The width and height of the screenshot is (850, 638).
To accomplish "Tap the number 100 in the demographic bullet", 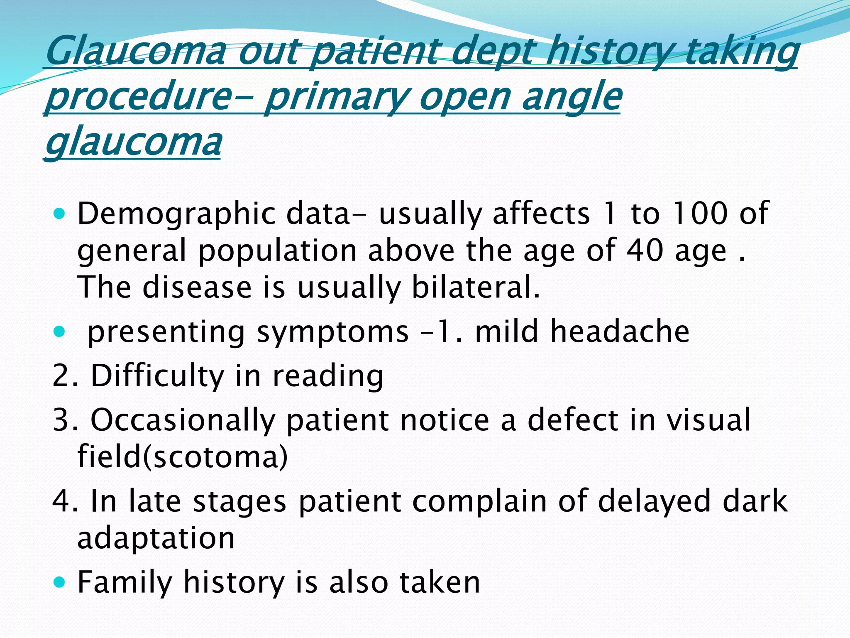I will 700,213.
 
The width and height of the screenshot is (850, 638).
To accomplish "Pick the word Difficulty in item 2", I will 157,376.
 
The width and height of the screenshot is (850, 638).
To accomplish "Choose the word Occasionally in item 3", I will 183,420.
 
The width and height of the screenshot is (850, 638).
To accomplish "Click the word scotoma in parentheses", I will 215,456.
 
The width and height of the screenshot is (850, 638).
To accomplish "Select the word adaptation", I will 156,538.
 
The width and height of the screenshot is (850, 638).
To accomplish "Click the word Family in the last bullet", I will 125,583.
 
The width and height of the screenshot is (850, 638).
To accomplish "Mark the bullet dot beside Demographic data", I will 60,214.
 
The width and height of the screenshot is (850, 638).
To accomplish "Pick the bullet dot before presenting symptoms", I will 60,331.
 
